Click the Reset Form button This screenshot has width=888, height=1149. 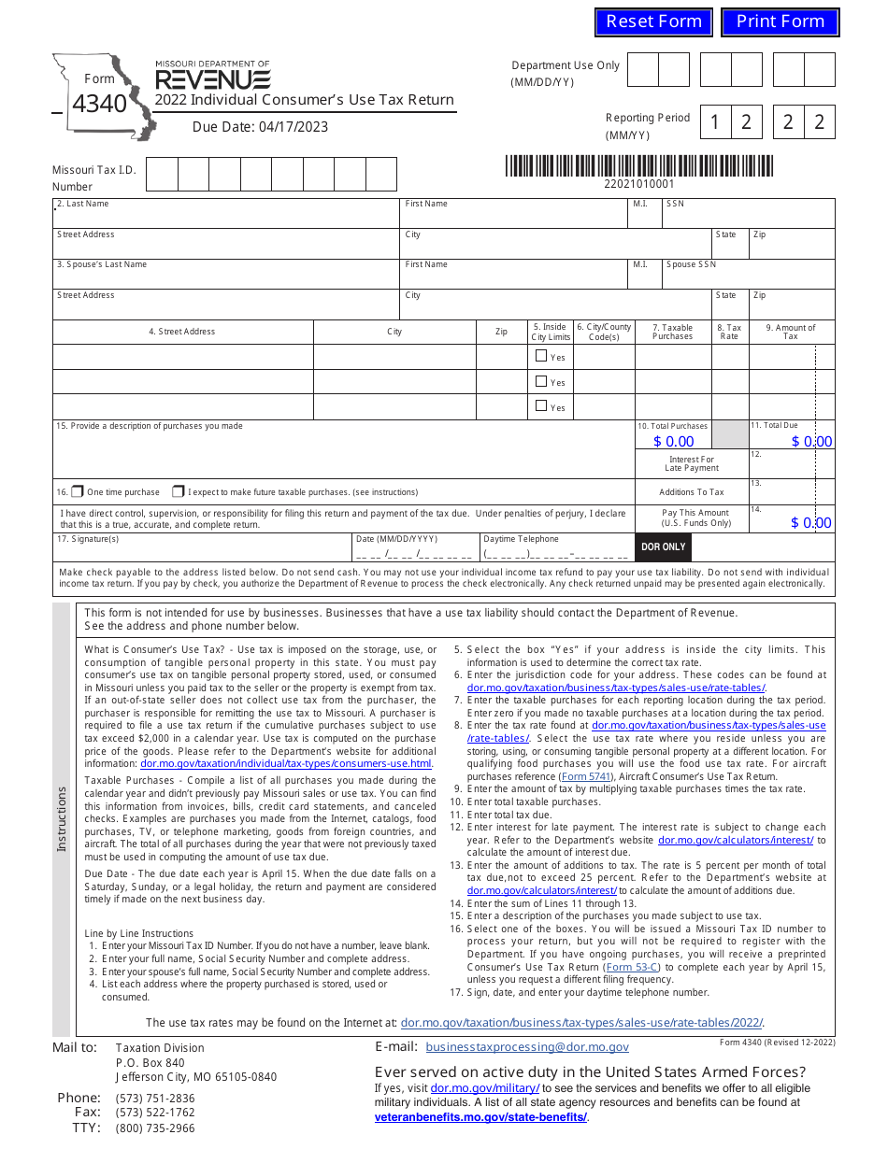click(x=653, y=21)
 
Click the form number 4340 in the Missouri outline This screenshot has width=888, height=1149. click(x=99, y=104)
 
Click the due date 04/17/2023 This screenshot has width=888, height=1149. click(x=260, y=127)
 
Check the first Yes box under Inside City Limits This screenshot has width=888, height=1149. click(x=541, y=356)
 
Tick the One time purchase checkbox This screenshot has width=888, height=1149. click(x=78, y=491)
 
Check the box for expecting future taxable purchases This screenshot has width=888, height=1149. click(x=178, y=491)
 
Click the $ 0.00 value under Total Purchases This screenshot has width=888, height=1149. click(x=673, y=441)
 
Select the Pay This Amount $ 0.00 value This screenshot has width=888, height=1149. click(x=810, y=523)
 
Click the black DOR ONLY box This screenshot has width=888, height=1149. click(x=663, y=546)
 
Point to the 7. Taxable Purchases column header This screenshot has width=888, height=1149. click(x=672, y=332)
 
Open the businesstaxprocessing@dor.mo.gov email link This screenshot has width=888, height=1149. click(x=527, y=1047)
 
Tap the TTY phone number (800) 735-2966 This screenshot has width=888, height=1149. click(x=155, y=1128)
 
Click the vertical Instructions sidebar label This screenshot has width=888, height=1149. click(x=62, y=818)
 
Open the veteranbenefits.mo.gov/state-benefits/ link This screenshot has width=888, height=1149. click(x=480, y=1116)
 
